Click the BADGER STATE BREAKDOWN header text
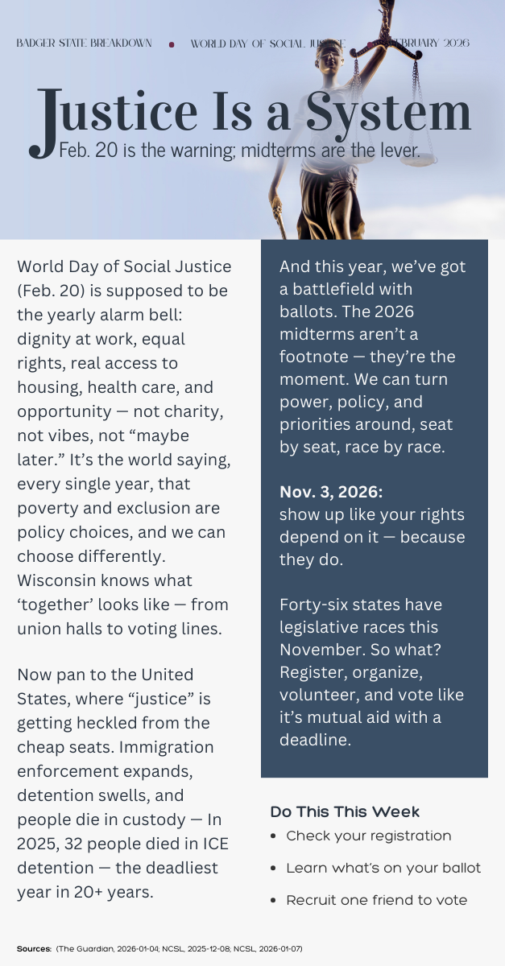pyautogui.click(x=84, y=43)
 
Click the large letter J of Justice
pyautogui.click(x=45, y=121)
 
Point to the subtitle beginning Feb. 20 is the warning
pyautogui.click(x=239, y=151)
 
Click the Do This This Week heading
pyautogui.click(x=345, y=811)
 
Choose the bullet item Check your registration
pyautogui.click(x=368, y=836)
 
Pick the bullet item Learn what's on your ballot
pyautogui.click(x=383, y=868)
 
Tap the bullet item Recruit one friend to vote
pyautogui.click(x=376, y=900)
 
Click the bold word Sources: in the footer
pyautogui.click(x=34, y=949)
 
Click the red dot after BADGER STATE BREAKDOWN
pyautogui.click(x=172, y=45)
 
